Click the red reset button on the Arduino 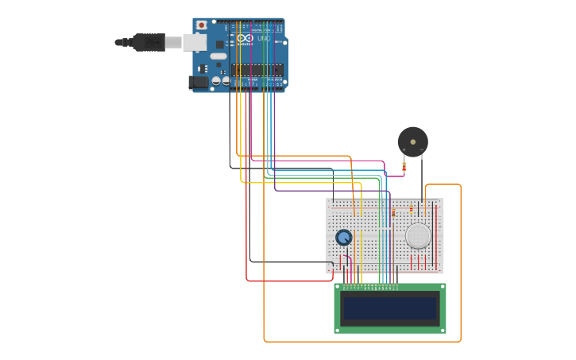[201, 25]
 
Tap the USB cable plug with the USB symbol [149, 42]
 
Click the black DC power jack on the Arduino [199, 82]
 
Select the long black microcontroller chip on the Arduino [257, 70]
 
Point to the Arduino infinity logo [245, 38]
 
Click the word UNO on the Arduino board [264, 38]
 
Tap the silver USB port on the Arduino [195, 42]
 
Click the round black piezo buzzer [412, 142]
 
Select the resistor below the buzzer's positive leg [404, 166]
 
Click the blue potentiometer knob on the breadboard [343, 237]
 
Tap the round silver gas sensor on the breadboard [418, 235]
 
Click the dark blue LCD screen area [389, 308]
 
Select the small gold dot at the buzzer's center [412, 142]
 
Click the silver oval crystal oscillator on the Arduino [218, 56]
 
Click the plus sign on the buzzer [404, 149]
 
